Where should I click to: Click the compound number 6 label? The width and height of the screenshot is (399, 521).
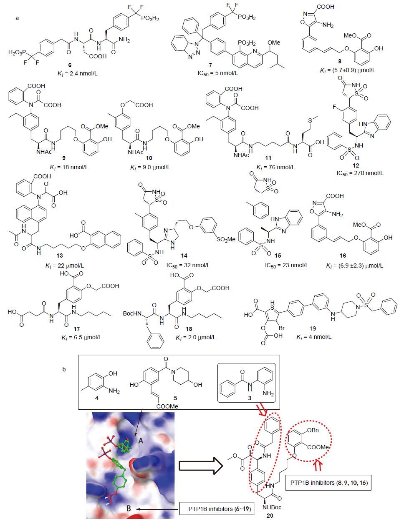tap(70, 65)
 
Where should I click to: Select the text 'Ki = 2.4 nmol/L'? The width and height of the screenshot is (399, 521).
tap(78, 74)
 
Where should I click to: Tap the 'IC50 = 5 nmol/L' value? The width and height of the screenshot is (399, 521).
tap(218, 73)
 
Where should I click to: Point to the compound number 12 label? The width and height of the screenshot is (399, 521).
tap(356, 165)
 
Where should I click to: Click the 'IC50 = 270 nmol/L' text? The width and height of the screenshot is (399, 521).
tap(360, 173)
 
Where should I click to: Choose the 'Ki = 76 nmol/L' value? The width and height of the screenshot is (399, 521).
tap(275, 167)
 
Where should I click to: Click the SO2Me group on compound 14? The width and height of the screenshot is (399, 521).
tap(226, 239)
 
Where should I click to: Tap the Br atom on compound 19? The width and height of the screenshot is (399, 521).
tap(282, 328)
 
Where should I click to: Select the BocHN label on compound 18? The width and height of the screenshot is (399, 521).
tap(132, 313)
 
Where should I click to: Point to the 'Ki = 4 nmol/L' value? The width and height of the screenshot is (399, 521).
tap(314, 337)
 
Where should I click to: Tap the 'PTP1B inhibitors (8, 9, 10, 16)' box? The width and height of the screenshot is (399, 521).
tap(328, 483)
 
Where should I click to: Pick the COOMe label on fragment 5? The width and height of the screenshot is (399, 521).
tap(167, 406)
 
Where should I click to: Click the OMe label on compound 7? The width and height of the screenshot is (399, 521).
tap(274, 43)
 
